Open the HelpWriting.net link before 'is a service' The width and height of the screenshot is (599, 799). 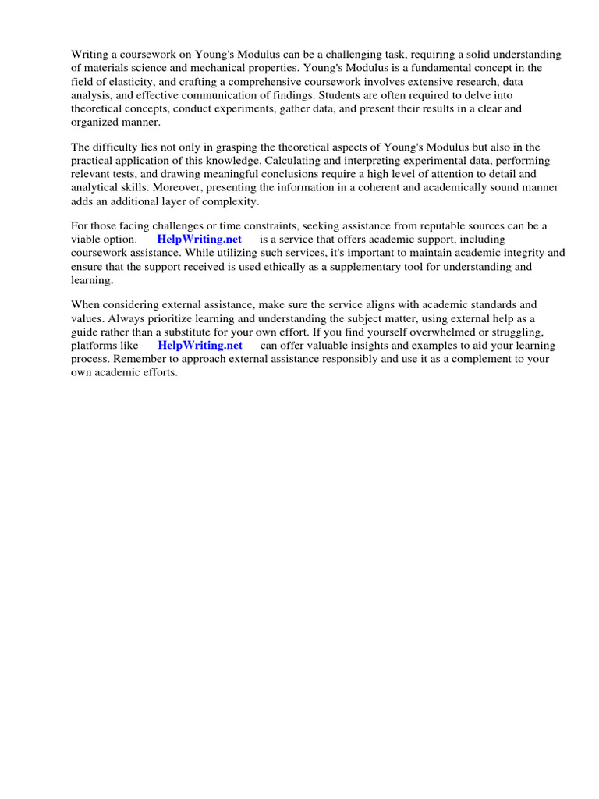(199, 240)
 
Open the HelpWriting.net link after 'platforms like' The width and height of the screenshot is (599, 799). (200, 346)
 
